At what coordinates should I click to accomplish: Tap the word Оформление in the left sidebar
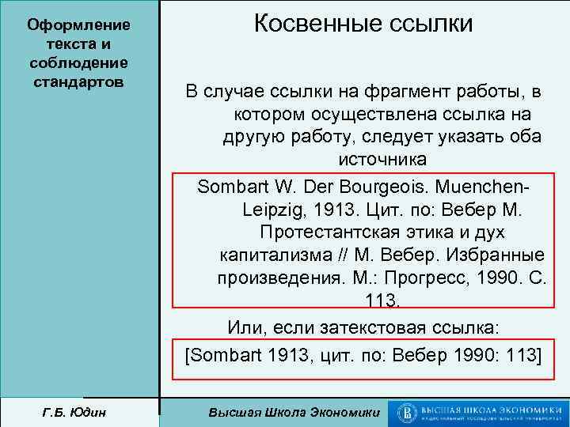click(78, 25)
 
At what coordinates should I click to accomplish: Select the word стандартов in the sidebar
click(78, 81)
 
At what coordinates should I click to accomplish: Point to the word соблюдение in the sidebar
click(78, 62)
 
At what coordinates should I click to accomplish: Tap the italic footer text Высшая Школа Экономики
click(292, 412)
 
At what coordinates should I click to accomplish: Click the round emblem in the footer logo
click(408, 412)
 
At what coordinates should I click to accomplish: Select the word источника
click(382, 159)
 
